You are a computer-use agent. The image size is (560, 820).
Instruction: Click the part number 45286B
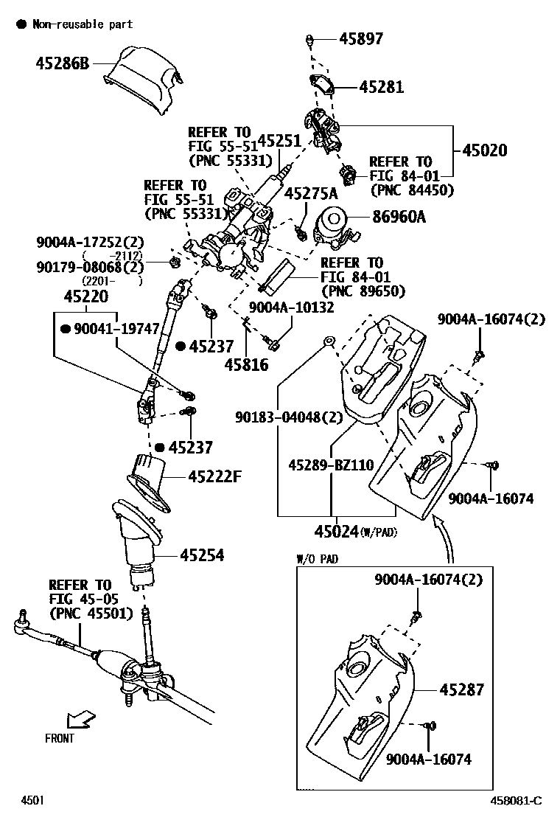point(62,63)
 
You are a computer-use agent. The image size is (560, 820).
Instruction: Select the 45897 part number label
point(361,38)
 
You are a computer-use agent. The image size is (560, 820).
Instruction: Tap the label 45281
point(382,87)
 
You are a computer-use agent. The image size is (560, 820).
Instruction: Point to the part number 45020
point(485,150)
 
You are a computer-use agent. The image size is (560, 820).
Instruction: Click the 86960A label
point(398,217)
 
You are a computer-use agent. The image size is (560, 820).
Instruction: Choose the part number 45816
point(247,365)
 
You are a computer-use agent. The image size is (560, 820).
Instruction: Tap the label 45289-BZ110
point(331,465)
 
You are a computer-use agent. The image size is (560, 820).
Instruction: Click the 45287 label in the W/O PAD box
point(462,689)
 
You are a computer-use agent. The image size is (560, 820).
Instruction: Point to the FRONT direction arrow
point(80,718)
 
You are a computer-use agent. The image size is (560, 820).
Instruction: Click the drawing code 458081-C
point(517,800)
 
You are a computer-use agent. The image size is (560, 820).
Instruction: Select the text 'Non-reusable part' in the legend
point(83,24)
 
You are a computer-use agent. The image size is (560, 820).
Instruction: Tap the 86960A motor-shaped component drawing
point(335,226)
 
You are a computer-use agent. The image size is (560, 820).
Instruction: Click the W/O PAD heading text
point(317,559)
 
